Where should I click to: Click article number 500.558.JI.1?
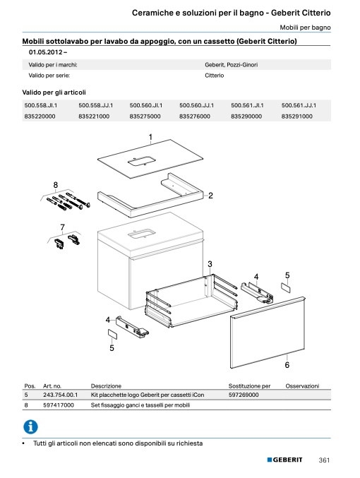click(40, 105)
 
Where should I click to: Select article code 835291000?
click(296, 116)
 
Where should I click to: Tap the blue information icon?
click(30, 426)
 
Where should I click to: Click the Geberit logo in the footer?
click(284, 460)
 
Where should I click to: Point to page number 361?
click(324, 460)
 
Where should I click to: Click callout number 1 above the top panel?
click(150, 137)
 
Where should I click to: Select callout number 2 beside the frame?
click(210, 196)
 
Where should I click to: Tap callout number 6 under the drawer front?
click(287, 365)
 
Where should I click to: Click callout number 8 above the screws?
click(56, 185)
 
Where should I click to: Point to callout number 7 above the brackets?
click(63, 227)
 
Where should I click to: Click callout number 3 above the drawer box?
click(210, 264)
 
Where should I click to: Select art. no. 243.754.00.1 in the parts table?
click(61, 395)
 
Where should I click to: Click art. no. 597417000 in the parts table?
click(59, 405)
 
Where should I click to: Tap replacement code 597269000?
click(244, 395)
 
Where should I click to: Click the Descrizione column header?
click(106, 386)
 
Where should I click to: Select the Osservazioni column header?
click(302, 386)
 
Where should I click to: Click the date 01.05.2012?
click(46, 52)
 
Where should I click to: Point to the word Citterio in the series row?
click(215, 76)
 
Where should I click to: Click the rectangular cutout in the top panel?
click(141, 161)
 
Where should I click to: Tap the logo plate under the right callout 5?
click(286, 287)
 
